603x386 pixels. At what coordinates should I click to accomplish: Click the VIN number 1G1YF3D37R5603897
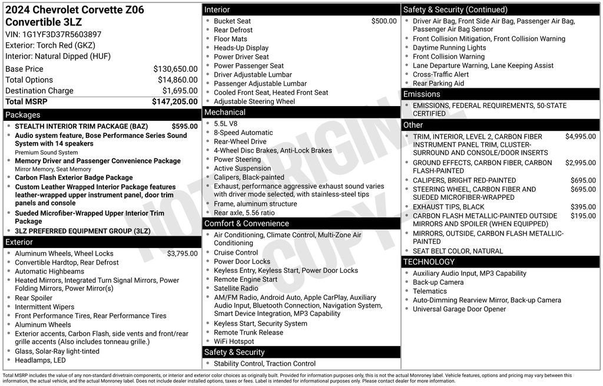[62, 35]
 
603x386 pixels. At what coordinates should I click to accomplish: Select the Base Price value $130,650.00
[175, 69]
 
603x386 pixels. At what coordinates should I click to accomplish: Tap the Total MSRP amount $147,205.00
[174, 102]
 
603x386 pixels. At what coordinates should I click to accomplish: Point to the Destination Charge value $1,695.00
[180, 91]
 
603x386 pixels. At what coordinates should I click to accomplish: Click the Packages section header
[23, 115]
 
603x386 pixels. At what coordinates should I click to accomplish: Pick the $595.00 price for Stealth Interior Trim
[184, 126]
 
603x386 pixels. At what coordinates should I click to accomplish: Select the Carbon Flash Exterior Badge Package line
[74, 177]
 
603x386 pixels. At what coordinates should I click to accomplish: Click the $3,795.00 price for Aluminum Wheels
[182, 254]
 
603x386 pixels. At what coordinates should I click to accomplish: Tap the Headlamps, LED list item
[41, 361]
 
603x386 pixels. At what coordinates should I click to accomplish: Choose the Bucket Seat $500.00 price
[383, 21]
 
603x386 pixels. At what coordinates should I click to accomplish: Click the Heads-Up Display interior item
[241, 48]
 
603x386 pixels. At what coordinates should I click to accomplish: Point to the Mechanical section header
[225, 112]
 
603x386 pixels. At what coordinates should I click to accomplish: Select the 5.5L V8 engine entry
[226, 124]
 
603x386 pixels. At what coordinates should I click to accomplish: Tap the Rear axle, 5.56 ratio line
[244, 213]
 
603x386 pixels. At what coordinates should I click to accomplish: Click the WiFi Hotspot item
[234, 341]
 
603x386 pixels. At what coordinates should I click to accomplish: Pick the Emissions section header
[422, 94]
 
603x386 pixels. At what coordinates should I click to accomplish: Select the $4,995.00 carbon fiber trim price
[580, 137]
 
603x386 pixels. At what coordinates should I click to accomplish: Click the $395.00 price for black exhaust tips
[583, 207]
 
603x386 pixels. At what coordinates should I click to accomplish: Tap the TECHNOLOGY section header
[429, 262]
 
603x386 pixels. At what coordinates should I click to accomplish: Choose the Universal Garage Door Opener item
[459, 309]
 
